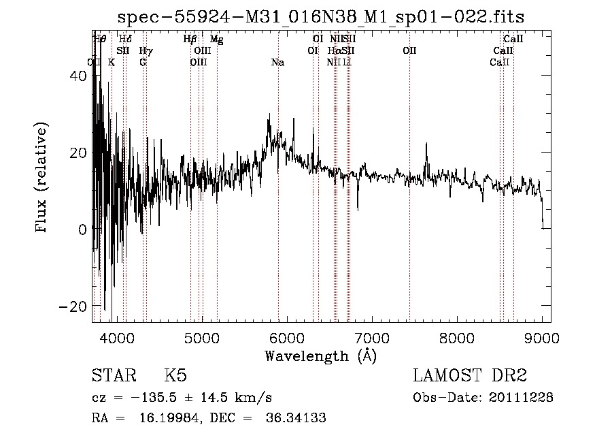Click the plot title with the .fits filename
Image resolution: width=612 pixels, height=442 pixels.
coord(321,16)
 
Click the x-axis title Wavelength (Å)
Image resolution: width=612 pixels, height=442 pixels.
coord(320,356)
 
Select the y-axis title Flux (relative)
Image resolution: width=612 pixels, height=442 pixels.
coord(42,178)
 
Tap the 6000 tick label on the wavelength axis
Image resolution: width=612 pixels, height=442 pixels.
coord(287,338)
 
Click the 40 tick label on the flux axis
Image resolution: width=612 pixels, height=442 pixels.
coord(78,77)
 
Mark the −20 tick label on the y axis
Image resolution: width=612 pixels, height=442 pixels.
coord(73,306)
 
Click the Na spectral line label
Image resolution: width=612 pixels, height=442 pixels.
coord(277,63)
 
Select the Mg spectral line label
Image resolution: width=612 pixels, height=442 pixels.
coord(216,40)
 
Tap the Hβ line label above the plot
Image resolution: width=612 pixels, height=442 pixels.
coord(190,40)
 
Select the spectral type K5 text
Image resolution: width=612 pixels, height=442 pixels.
coord(175,376)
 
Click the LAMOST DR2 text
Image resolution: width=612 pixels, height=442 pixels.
coord(470,376)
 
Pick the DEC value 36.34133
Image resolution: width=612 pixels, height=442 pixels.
coord(294,418)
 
